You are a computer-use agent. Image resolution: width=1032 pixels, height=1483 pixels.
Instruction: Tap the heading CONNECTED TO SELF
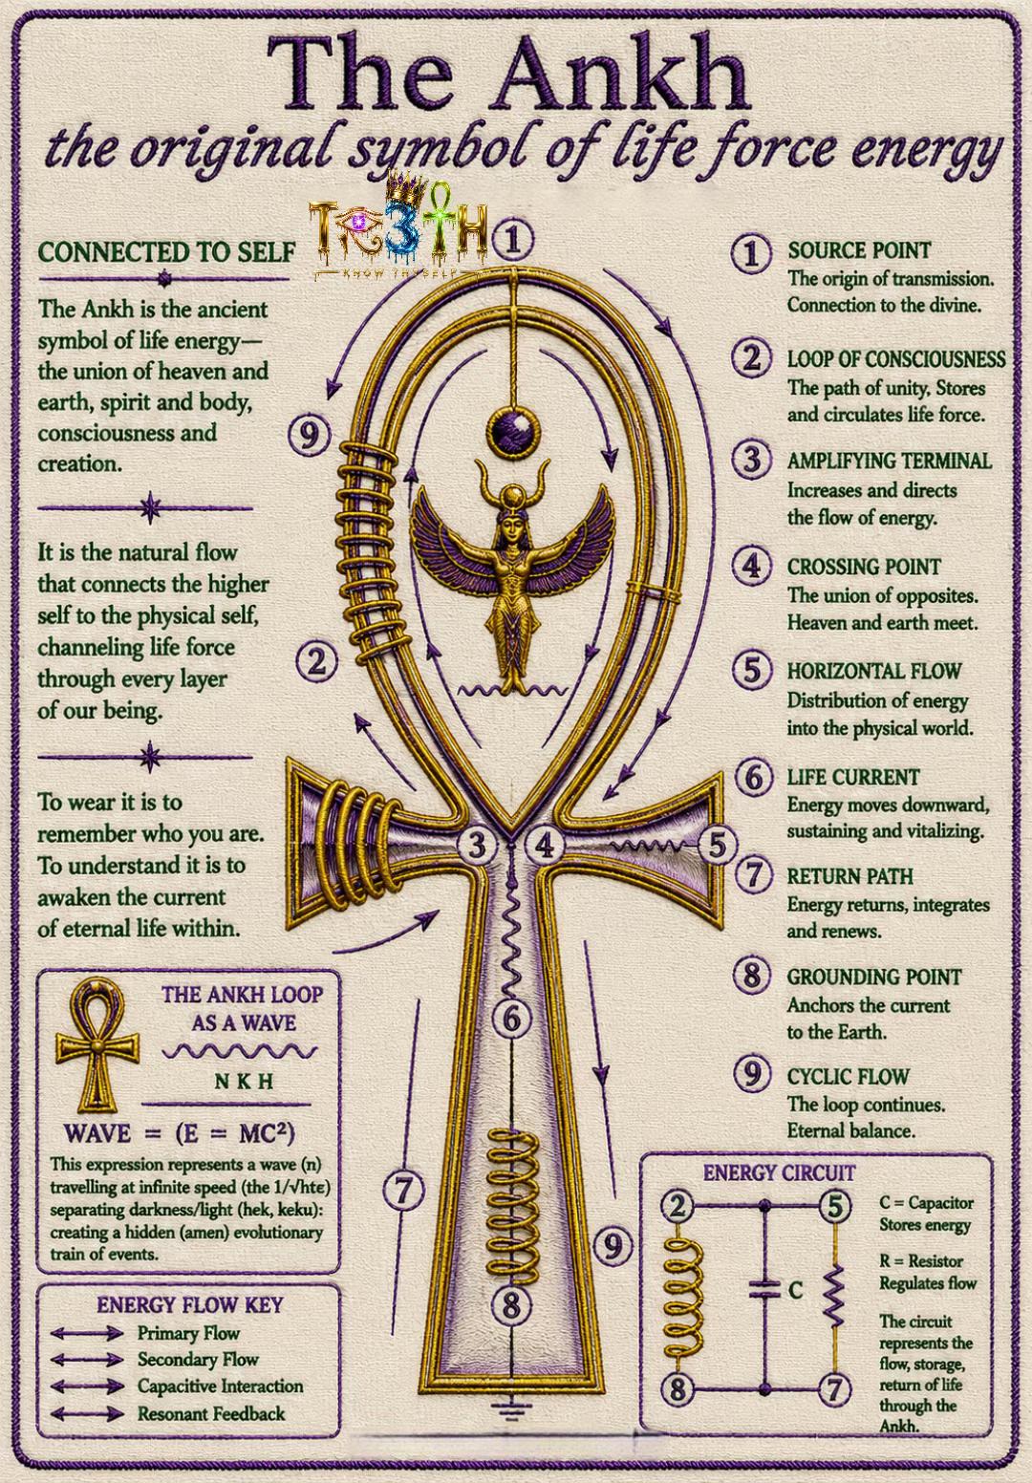pyautogui.click(x=167, y=252)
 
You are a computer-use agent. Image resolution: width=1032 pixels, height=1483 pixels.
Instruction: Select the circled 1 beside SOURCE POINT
pyautogui.click(x=752, y=253)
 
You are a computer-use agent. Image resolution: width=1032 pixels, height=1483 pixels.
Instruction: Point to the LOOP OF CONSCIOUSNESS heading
pyautogui.click(x=896, y=359)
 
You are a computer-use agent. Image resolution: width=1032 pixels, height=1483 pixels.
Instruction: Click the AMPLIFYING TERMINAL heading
pyautogui.click(x=890, y=461)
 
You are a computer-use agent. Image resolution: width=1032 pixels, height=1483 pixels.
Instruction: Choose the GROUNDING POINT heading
pyautogui.click(x=873, y=978)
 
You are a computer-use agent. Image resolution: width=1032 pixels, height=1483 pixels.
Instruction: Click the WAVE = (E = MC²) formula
pyautogui.click(x=180, y=1133)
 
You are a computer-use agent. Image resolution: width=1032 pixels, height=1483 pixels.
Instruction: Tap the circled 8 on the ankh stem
pyautogui.click(x=511, y=1305)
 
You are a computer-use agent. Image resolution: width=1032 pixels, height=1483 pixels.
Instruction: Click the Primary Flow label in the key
pyautogui.click(x=188, y=1333)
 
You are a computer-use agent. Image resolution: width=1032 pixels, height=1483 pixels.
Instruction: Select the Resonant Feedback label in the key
pyautogui.click(x=211, y=1413)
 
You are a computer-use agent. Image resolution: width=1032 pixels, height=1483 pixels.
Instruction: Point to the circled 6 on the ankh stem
pyautogui.click(x=511, y=1020)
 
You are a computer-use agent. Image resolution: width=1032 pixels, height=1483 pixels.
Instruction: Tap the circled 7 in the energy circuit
pyautogui.click(x=835, y=1388)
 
